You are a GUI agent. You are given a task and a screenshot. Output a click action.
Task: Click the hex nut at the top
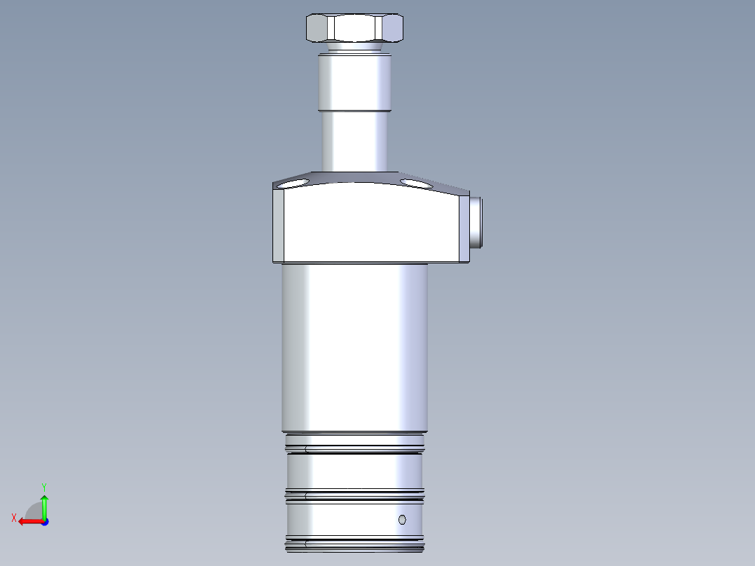coord(354,28)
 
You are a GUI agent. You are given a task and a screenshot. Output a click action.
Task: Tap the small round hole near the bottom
coord(402,520)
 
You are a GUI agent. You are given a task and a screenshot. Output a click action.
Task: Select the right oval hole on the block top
coord(417,184)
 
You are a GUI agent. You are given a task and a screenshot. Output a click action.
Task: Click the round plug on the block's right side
coord(476,222)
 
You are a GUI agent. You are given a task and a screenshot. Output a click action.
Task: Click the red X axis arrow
coord(31,522)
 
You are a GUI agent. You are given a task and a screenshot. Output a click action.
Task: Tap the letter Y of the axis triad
coord(44,487)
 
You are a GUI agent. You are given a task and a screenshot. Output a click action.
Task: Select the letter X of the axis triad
coord(14,518)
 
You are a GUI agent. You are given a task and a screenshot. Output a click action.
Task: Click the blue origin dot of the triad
coord(45,522)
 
